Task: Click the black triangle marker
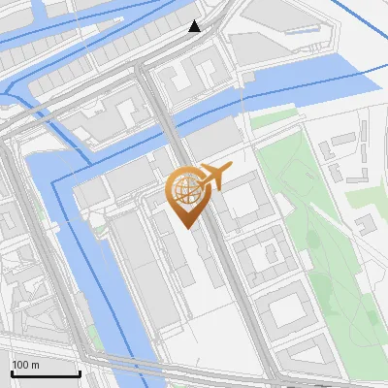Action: click(195, 26)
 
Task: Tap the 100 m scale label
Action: click(25, 365)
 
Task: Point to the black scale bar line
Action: click(45, 373)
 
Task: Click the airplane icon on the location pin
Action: click(214, 177)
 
